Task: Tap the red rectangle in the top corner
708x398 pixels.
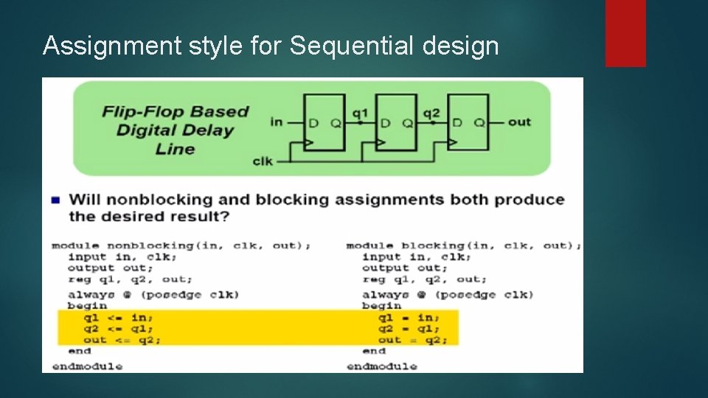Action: [625, 32]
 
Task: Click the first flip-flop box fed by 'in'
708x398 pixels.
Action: [324, 122]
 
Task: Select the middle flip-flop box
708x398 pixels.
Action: [395, 122]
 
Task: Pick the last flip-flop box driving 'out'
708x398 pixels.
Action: [468, 122]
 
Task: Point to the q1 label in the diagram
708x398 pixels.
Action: [360, 113]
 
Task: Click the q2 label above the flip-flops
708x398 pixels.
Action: [431, 113]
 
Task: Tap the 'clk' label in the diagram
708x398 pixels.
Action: [263, 160]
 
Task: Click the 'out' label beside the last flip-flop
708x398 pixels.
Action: [519, 122]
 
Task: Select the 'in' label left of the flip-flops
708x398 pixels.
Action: [277, 122]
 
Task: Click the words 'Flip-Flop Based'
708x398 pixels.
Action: [176, 112]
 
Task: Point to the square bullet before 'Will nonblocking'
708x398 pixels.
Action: [55, 200]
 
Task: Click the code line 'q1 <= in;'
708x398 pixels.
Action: [119, 318]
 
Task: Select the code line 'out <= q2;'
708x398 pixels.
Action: [122, 340]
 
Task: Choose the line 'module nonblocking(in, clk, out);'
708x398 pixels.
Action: [181, 245]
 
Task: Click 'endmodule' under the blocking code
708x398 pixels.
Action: [381, 366]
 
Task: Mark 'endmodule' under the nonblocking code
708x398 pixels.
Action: [87, 366]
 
